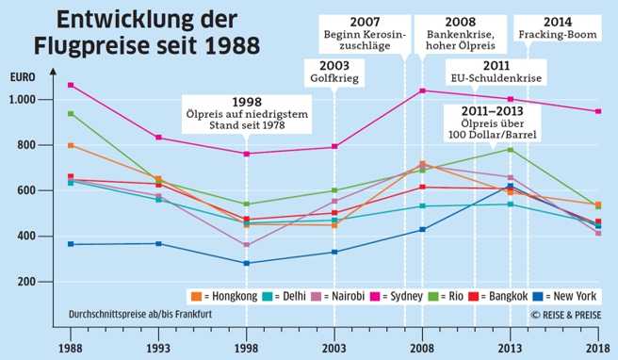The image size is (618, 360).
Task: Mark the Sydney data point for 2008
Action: click(x=422, y=90)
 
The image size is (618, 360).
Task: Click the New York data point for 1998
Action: click(x=247, y=263)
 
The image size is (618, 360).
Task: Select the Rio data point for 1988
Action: click(x=71, y=114)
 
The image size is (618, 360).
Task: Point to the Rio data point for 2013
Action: click(x=511, y=149)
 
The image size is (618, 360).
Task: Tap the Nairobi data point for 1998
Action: click(x=247, y=245)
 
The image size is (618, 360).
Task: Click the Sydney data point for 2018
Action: click(x=598, y=111)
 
